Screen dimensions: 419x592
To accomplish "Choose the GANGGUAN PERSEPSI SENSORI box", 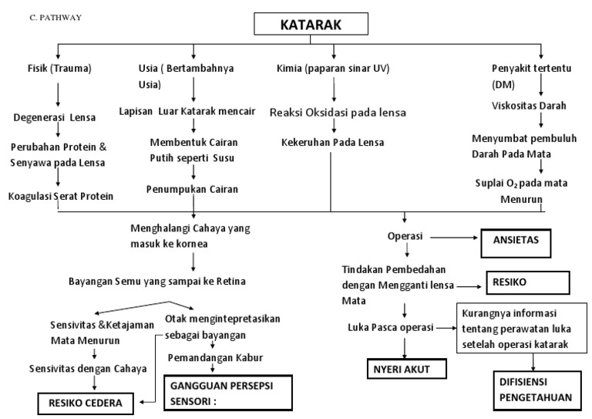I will [227, 391].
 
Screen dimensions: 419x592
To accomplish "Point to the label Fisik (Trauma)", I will [59, 68].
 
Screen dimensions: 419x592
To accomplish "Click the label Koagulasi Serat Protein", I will [61, 196].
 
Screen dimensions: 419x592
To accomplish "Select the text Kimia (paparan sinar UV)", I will [334, 68].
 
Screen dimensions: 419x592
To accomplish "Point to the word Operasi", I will [408, 235].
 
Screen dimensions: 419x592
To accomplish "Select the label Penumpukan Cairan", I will [193, 188].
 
